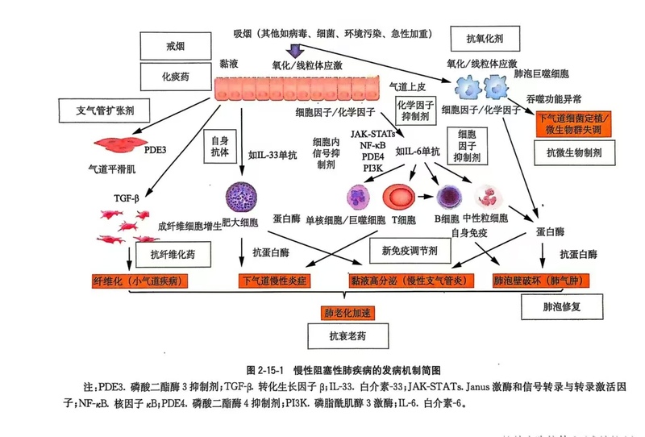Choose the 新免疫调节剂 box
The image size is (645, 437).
pyautogui.click(x=410, y=252)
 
